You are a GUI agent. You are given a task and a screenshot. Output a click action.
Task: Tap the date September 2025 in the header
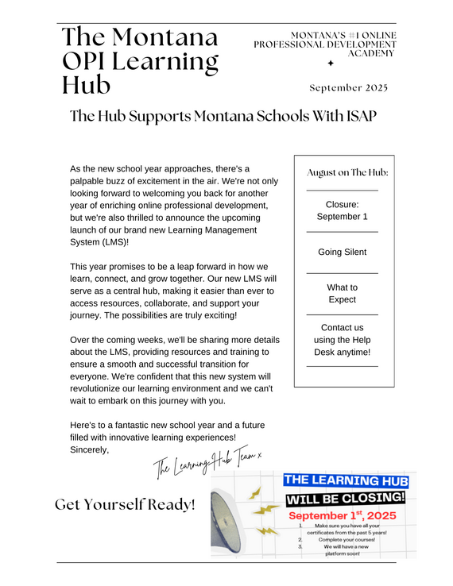tap(348, 88)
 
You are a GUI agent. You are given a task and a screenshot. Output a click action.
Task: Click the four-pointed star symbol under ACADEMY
tap(331, 63)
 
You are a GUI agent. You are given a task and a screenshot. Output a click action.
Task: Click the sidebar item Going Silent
tap(343, 252)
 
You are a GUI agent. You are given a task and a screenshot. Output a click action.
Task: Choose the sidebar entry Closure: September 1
tap(343, 210)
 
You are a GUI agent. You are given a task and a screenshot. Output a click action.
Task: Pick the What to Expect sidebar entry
tap(343, 293)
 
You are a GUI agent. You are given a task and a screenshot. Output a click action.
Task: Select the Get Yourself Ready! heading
tap(125, 504)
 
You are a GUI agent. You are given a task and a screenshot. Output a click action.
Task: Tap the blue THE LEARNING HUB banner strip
tap(347, 480)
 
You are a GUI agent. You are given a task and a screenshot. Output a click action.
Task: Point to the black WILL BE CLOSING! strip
tap(347, 498)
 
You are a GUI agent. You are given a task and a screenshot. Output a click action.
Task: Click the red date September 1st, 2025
tap(347, 515)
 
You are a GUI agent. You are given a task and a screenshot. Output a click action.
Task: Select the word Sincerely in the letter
tap(89, 450)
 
